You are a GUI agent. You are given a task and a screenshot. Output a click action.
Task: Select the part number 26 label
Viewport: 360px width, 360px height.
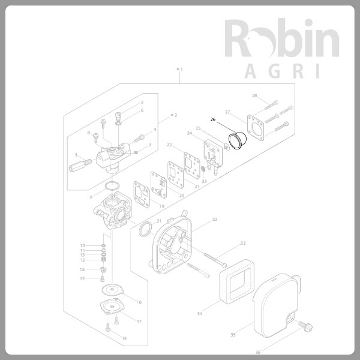(213, 119)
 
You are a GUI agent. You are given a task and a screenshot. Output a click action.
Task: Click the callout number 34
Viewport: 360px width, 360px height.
(200, 313)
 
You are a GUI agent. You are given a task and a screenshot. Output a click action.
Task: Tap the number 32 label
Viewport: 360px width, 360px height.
(214, 220)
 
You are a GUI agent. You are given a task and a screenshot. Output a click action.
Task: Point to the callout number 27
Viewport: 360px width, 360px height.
(227, 112)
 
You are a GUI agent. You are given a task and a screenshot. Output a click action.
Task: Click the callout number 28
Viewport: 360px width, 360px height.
(254, 96)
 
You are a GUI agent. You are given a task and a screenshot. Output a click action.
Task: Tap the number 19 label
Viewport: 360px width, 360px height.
(161, 206)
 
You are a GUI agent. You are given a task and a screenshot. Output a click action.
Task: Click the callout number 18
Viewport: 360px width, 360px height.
(124, 339)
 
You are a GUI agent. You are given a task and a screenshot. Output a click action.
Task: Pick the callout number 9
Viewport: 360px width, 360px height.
(91, 197)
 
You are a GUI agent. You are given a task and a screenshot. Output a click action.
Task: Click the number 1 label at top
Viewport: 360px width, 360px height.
(181, 70)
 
